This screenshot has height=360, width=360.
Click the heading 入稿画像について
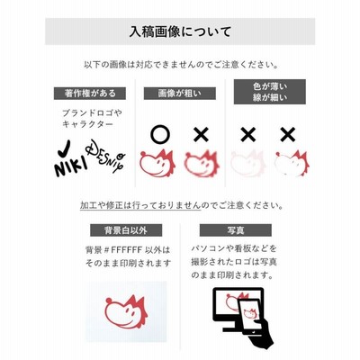180,31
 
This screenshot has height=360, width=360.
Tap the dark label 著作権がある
90,94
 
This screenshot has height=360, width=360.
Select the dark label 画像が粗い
180,94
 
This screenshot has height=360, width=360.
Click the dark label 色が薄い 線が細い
270,92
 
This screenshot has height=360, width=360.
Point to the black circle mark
160,134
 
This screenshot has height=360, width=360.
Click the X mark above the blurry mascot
201,135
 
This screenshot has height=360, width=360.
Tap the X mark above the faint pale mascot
248,135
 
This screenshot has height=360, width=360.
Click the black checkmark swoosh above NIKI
64,148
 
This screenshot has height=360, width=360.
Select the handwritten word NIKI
71,167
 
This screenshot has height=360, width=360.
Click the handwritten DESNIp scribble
105,157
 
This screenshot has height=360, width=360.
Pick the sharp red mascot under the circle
157,163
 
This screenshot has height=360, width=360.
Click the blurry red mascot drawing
202,164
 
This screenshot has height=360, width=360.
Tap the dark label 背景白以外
126,230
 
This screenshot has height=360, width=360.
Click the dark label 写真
236,230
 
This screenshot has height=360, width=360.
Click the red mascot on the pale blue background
126,312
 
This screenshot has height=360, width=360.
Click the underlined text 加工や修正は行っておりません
140,205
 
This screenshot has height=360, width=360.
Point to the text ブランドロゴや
92,113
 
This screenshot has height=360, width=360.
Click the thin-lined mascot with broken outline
292,163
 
